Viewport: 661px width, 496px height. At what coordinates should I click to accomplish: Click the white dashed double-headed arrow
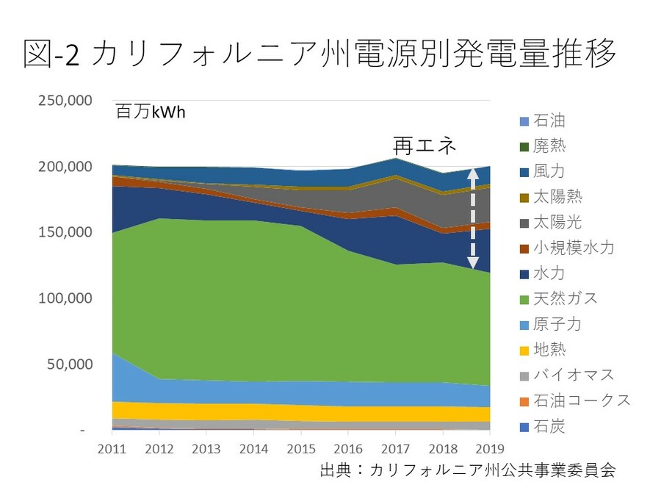(x=473, y=218)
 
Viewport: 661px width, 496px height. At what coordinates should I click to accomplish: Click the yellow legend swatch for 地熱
(x=524, y=349)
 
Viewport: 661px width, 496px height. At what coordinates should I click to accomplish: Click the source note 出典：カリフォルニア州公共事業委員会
(x=468, y=470)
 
